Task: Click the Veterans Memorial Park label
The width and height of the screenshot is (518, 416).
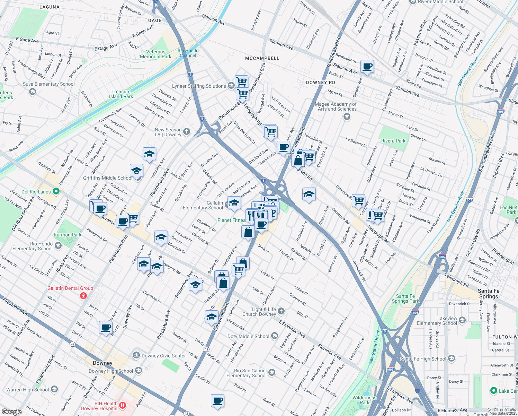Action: pyautogui.click(x=155, y=54)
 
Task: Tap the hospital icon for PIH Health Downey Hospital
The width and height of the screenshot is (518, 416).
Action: pyautogui.click(x=122, y=405)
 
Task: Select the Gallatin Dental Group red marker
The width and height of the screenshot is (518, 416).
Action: pyautogui.click(x=83, y=296)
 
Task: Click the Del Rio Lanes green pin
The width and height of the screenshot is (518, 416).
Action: pyautogui.click(x=56, y=191)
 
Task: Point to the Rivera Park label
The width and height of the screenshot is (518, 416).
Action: pyautogui.click(x=393, y=141)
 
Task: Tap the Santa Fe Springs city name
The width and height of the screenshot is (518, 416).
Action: pyautogui.click(x=489, y=294)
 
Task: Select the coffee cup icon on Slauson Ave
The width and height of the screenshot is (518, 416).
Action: pyautogui.click(x=367, y=66)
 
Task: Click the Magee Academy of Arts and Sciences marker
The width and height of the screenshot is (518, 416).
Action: pyautogui.click(x=347, y=117)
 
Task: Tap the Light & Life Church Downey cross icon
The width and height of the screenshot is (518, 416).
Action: pyautogui.click(x=281, y=311)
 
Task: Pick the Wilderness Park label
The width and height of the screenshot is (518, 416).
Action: pyautogui.click(x=364, y=400)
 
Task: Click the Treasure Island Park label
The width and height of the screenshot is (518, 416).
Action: pyautogui.click(x=121, y=94)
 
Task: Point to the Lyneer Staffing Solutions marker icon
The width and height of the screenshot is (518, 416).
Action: pyautogui.click(x=231, y=86)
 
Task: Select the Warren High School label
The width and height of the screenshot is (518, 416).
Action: pyautogui.click(x=28, y=390)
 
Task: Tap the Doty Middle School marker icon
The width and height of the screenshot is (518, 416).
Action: pyautogui.click(x=275, y=336)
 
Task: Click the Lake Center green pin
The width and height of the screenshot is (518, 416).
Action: pyautogui.click(x=494, y=391)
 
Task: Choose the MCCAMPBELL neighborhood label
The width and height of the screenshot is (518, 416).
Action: pyautogui.click(x=262, y=58)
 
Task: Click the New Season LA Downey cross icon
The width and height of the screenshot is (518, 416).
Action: pyautogui.click(x=187, y=131)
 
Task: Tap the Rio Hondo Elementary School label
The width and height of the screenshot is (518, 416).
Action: pyautogui.click(x=33, y=246)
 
